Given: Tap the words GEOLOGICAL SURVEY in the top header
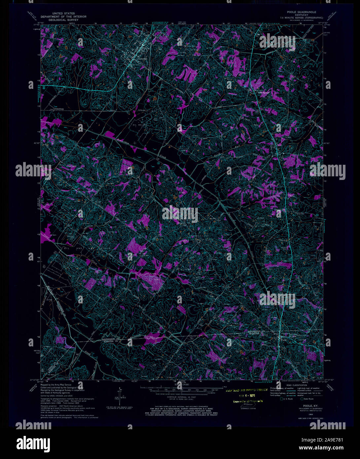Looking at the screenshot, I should (63, 20).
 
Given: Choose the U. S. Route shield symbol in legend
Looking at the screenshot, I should (281, 399).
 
